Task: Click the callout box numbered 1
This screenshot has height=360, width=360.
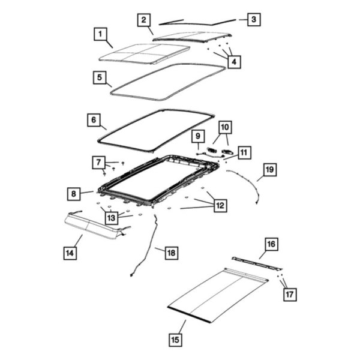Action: point(101,34)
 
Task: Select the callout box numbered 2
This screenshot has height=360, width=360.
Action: point(143,20)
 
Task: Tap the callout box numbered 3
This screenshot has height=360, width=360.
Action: point(254,20)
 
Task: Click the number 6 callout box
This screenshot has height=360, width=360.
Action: point(93,120)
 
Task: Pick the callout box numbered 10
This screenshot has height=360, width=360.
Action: point(224,127)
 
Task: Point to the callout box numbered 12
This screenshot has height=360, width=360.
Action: point(220,206)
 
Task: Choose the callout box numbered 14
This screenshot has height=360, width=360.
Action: point(70,253)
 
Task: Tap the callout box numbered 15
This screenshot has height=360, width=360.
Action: point(175,340)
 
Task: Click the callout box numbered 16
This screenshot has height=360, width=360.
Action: point(272,244)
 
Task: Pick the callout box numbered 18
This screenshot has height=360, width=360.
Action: point(172,253)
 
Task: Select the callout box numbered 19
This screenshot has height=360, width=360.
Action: point(269,170)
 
